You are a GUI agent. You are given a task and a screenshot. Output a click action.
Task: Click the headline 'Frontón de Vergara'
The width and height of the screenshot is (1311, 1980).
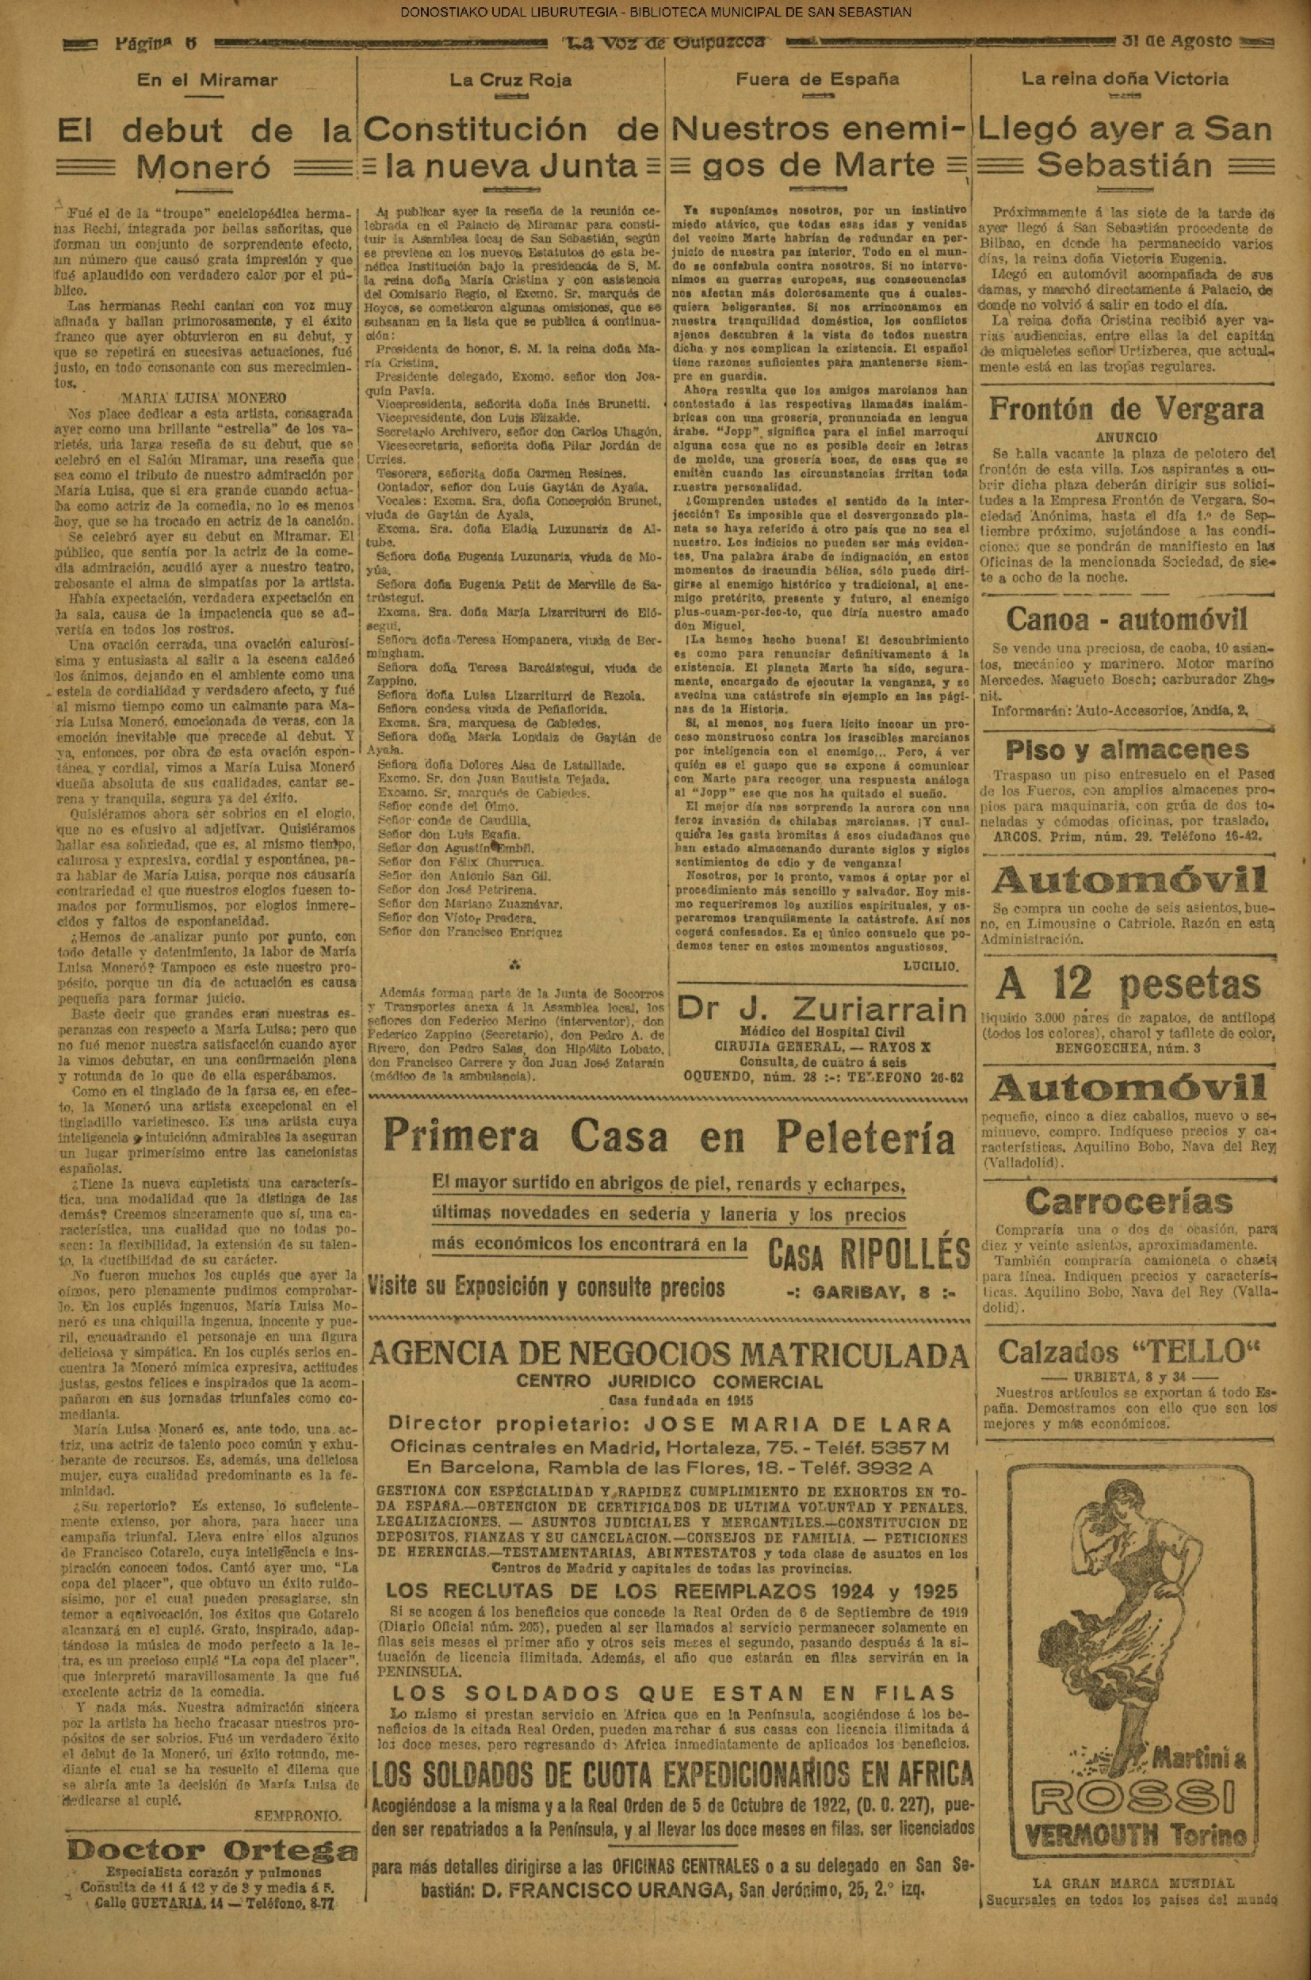pos(1126,409)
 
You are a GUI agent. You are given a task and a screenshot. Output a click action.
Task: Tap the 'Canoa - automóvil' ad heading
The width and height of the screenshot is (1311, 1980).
pos(1126,620)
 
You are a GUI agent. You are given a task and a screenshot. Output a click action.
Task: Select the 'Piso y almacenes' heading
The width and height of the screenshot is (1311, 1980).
pos(1127,749)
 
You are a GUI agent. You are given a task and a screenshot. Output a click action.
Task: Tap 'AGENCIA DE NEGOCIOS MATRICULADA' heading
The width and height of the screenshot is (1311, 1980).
pos(669,1355)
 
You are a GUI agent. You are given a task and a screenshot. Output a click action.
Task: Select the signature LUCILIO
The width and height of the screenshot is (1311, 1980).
pos(931,965)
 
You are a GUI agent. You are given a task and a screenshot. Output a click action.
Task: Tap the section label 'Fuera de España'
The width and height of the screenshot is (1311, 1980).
pos(817,79)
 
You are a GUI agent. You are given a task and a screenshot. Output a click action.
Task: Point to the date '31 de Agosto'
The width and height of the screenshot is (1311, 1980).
pos(1188,42)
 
